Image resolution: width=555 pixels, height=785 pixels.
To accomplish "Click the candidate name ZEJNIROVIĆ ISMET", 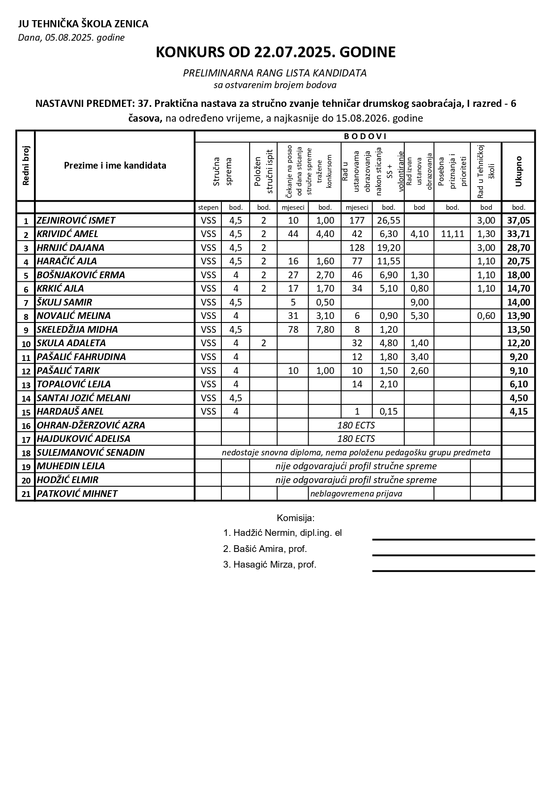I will (x=76, y=221).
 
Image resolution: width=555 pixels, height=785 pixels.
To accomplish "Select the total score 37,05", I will (x=518, y=221).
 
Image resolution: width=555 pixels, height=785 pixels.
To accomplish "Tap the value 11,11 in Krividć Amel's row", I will (x=452, y=234).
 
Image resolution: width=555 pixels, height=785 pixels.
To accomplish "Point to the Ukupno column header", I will (x=518, y=171).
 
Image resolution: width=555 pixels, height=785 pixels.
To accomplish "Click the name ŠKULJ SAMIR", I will (x=64, y=302).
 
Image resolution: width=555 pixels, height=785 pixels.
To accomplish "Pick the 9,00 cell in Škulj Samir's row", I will (x=419, y=302).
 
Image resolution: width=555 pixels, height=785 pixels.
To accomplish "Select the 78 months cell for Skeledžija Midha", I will (x=293, y=330).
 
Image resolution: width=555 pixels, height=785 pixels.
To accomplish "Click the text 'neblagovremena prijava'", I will (x=356, y=494).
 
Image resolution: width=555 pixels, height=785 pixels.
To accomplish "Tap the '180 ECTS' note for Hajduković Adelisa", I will (x=356, y=439).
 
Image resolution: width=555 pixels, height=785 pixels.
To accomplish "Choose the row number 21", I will (x=26, y=494).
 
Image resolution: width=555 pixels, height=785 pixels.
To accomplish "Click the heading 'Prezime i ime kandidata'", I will (x=115, y=165).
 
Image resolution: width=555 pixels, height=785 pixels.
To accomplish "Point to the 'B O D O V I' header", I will (x=365, y=136).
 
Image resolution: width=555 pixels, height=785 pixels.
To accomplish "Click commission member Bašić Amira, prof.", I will (x=265, y=549).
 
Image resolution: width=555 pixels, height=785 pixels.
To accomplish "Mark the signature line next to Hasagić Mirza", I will (x=453, y=571).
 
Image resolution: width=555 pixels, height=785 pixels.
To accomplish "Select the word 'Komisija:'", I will (x=296, y=518).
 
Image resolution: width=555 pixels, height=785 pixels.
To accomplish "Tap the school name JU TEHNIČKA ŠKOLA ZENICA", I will (x=83, y=24).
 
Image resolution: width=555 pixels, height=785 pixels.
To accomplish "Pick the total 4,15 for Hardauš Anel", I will (x=518, y=412).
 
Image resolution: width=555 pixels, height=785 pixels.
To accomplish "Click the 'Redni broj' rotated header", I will (x=25, y=165).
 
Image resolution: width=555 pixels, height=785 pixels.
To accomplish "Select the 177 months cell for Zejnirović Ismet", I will (x=357, y=221).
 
